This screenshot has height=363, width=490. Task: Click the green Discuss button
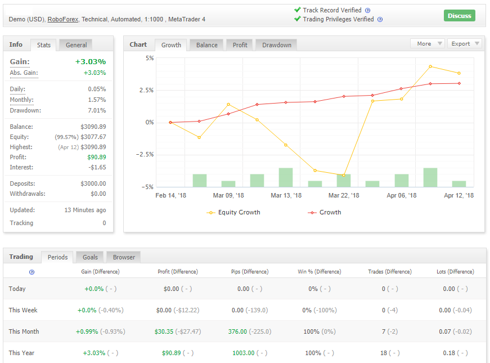coord(459,16)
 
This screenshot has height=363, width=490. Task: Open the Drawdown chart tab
coord(276,45)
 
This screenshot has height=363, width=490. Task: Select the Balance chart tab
coord(206,45)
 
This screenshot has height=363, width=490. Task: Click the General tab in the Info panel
coord(76,45)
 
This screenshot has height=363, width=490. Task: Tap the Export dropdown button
coord(464,43)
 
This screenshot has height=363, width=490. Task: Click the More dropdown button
coord(427,43)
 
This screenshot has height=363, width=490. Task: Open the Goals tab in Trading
coord(90,257)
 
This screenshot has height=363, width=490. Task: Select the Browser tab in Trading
coord(124,257)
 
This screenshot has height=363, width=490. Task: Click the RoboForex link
coord(62,19)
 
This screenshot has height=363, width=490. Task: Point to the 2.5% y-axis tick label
coord(146,91)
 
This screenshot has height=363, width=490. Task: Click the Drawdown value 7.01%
coord(97,110)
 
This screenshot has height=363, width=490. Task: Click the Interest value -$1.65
coord(96,167)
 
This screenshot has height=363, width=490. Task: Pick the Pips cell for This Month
coord(237,331)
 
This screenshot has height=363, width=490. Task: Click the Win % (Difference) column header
coord(319,271)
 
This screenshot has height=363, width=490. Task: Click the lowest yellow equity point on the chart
coord(344,175)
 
